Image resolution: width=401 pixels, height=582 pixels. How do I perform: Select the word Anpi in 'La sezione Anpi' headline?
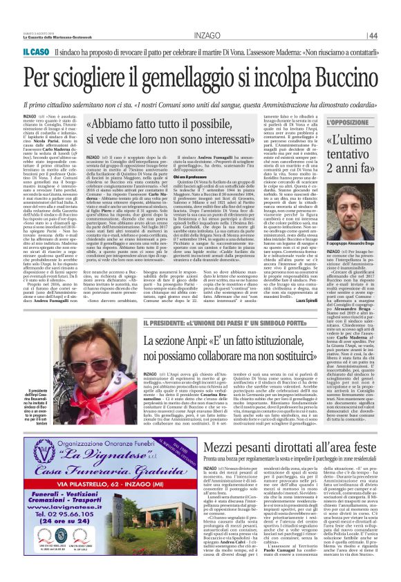click(185, 341)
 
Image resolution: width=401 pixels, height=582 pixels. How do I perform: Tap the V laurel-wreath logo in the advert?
click(46, 463)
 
